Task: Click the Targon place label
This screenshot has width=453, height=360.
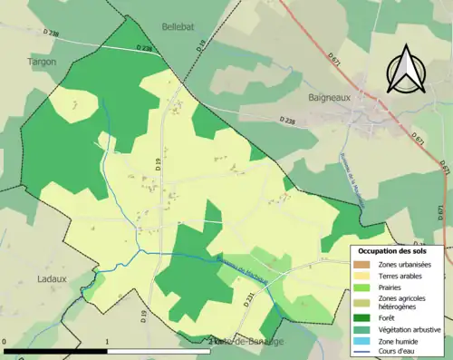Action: (x=42, y=62)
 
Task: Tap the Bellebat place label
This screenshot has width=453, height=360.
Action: (x=178, y=27)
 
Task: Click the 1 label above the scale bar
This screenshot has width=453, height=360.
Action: (x=107, y=343)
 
